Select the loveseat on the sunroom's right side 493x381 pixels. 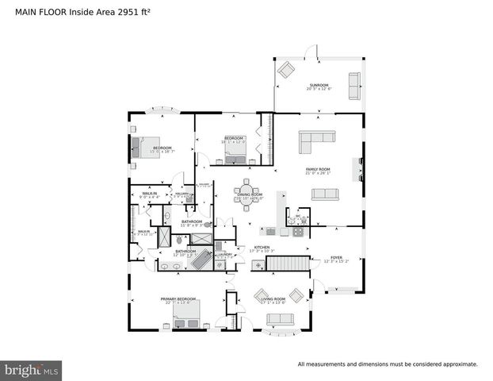coord(354,80)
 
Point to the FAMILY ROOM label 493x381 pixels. coord(318,169)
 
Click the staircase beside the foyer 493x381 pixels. coord(289,263)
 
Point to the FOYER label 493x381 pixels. coord(336,258)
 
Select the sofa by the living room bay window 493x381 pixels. coord(280,320)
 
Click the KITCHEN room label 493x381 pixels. coord(262,248)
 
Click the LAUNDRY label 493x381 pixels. coord(224,254)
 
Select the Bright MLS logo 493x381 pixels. coord(32,370)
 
